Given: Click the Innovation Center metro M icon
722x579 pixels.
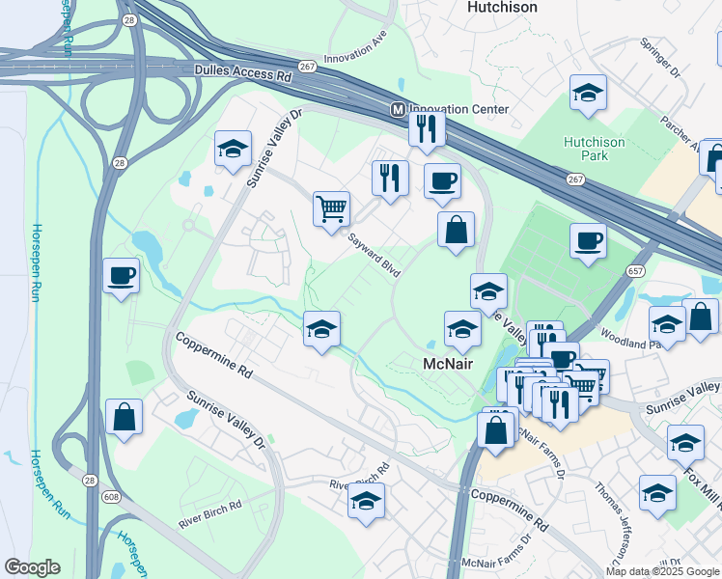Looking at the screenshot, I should tap(397, 110).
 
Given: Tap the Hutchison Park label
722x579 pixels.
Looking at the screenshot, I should tap(594, 149).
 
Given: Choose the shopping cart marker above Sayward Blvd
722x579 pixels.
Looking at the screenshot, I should tap(331, 207).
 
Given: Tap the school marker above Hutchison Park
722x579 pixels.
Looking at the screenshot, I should tap(588, 94).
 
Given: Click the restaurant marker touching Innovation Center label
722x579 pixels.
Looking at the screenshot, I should tap(426, 127).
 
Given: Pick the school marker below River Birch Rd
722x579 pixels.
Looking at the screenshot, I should tap(366, 501).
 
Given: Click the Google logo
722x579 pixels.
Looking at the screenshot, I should tap(32, 567).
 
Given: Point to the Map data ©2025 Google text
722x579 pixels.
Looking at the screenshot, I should tap(662, 571).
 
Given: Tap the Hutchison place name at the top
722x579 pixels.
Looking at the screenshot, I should tap(502, 7).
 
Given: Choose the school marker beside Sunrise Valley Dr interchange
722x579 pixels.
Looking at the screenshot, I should tap(233, 149).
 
